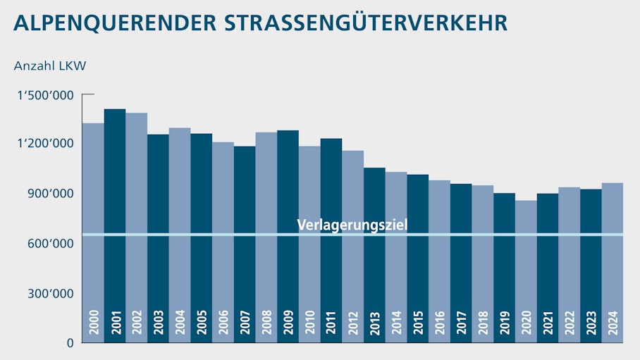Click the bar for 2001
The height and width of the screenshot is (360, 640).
pyautogui.click(x=115, y=225)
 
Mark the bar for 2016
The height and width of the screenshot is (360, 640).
pyautogui.click(x=439, y=261)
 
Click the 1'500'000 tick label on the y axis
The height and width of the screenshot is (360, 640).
pyautogui.click(x=45, y=94)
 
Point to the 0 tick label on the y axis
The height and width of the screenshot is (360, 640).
pyautogui.click(x=70, y=343)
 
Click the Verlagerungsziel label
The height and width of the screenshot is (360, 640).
pyautogui.click(x=352, y=225)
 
